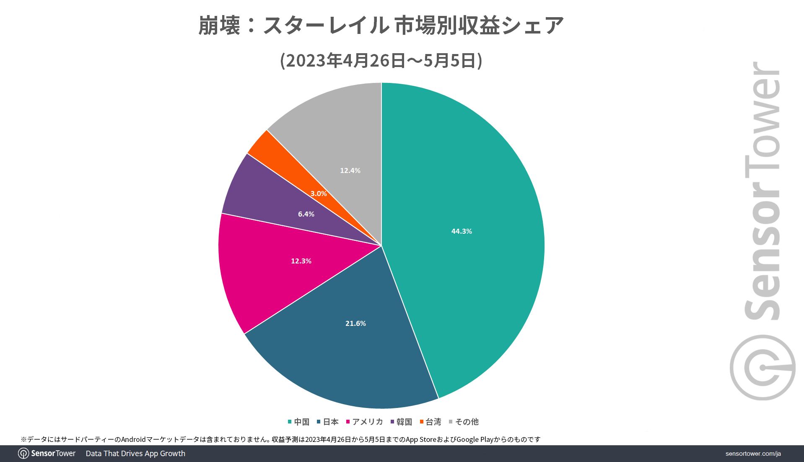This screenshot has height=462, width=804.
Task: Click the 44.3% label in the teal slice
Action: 462,231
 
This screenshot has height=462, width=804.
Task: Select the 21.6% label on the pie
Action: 355,323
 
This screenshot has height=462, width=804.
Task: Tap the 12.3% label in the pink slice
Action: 301,261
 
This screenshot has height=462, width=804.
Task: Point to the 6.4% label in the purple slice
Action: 306,214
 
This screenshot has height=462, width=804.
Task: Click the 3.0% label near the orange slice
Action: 319,194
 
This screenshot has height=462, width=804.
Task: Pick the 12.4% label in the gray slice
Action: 350,170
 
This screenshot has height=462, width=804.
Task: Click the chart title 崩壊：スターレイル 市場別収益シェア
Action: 381,25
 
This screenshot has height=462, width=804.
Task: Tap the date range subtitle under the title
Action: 381,61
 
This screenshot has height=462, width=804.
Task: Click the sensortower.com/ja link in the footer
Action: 753,454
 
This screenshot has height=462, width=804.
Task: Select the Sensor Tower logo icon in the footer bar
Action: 23,454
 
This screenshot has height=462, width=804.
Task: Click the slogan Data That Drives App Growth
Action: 135,454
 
